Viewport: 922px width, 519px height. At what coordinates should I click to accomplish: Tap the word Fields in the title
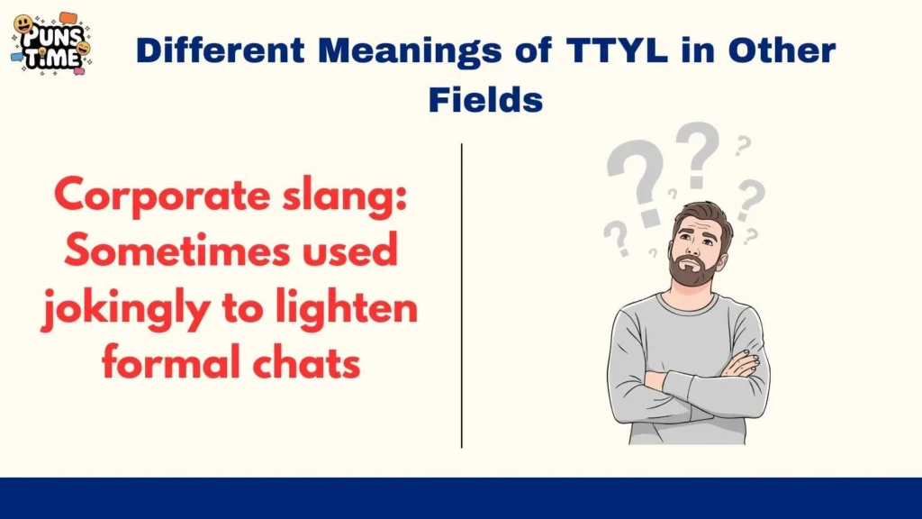pos(485,98)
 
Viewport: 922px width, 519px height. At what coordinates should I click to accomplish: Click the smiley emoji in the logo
pos(23,24)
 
